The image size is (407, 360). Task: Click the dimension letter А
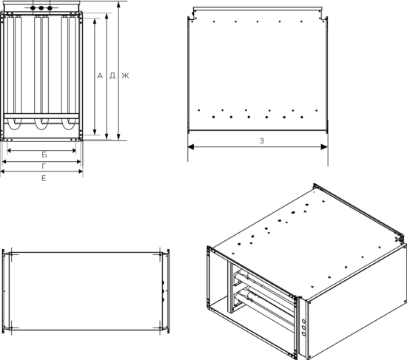pos(100,75)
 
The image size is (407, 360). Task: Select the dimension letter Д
pos(112,75)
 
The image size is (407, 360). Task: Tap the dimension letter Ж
pos(125,75)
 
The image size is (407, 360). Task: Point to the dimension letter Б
pos(44,154)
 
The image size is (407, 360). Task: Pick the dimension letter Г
pos(44,166)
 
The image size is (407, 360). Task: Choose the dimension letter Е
pos(44,178)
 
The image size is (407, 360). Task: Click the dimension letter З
pos(262,141)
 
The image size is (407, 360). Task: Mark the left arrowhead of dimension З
pos(191,147)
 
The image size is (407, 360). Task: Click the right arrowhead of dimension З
pos(324,147)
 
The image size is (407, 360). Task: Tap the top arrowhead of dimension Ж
pos(118,4)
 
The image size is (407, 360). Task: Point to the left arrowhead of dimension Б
pos(9,151)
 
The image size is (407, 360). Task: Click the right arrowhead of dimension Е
pos(81,171)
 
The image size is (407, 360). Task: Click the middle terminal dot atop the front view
pos(41,8)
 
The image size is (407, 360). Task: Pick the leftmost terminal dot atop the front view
pos(33,8)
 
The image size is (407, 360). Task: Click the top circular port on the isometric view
pos(304,322)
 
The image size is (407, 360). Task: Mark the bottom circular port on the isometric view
pos(304,334)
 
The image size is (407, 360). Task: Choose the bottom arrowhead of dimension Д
pos(107,137)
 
